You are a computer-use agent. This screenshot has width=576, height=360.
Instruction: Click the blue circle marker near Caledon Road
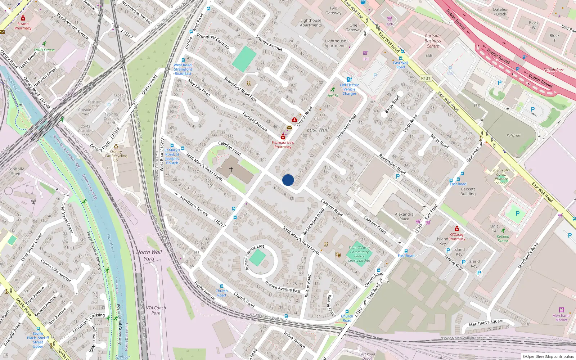[288, 180]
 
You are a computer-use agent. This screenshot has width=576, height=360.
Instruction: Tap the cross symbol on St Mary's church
[231, 169]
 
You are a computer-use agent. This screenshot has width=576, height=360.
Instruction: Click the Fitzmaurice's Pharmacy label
[283, 144]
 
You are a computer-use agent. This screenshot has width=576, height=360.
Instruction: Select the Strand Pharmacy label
[23, 26]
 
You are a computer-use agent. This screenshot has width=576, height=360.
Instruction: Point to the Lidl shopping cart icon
[365, 53]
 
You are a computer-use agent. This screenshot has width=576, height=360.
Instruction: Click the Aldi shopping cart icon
[390, 18]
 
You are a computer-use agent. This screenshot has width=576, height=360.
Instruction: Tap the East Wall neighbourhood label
[318, 130]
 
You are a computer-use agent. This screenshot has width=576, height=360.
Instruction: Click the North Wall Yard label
[149, 255]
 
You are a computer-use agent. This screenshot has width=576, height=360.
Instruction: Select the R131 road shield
[426, 78]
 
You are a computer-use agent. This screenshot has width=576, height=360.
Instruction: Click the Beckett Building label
[468, 191]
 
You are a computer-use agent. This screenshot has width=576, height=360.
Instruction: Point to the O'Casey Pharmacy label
[457, 237]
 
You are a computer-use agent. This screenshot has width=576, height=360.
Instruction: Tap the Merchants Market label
[561, 318]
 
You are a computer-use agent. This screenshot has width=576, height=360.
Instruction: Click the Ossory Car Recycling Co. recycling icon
[116, 147]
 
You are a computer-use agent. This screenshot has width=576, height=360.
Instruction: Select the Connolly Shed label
[16, 171]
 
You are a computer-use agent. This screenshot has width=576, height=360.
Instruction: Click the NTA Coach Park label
[156, 310]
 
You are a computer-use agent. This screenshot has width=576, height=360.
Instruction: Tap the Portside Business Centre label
[433, 41]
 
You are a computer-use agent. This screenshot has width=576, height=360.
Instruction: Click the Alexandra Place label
[404, 216]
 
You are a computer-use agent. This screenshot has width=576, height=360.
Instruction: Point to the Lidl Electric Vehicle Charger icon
[349, 79]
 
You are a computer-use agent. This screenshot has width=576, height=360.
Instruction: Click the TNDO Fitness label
[44, 50]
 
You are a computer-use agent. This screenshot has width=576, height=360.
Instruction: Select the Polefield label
[513, 135]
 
